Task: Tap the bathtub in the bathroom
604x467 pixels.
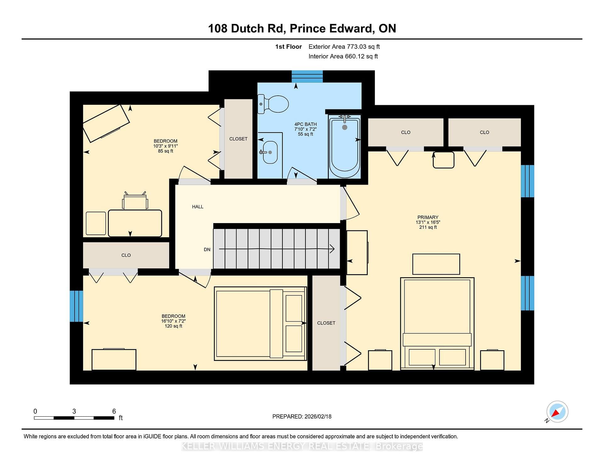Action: pyautogui.click(x=344, y=147)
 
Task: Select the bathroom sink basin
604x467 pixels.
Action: pyautogui.click(x=270, y=152)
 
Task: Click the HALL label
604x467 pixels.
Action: pyautogui.click(x=198, y=207)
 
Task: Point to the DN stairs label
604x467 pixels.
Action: pyautogui.click(x=207, y=250)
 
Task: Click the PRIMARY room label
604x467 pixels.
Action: pyautogui.click(x=428, y=217)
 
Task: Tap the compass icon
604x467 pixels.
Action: pyautogui.click(x=557, y=412)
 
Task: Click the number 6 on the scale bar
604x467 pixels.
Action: pyautogui.click(x=114, y=411)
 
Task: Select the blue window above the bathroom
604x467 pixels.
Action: pyautogui.click(x=307, y=76)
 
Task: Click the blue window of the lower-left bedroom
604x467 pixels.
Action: pyautogui.click(x=76, y=306)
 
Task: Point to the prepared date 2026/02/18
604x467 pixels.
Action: pyautogui.click(x=318, y=416)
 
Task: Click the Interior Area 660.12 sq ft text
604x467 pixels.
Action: pyautogui.click(x=343, y=56)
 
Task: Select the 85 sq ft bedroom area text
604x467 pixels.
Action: pyautogui.click(x=165, y=151)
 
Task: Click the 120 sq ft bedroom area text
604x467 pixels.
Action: pyautogui.click(x=173, y=326)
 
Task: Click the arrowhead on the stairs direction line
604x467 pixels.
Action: pyautogui.click(x=332, y=249)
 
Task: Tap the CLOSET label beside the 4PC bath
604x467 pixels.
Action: pyautogui.click(x=238, y=139)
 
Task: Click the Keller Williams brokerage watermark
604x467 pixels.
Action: pyautogui.click(x=302, y=446)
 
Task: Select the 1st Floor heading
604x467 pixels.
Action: pyautogui.click(x=288, y=47)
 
